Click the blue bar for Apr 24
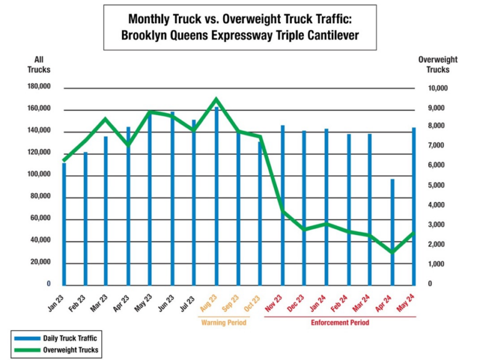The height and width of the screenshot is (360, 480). click(392, 232)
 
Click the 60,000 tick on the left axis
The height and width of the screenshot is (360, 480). click(40, 219)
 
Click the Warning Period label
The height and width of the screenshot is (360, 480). click(224, 322)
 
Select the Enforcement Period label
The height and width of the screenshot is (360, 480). click(340, 322)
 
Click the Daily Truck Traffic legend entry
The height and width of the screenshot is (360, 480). click(68, 338)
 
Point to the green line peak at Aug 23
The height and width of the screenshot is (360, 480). click(216, 99)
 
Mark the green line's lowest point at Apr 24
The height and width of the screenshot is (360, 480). click(392, 252)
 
